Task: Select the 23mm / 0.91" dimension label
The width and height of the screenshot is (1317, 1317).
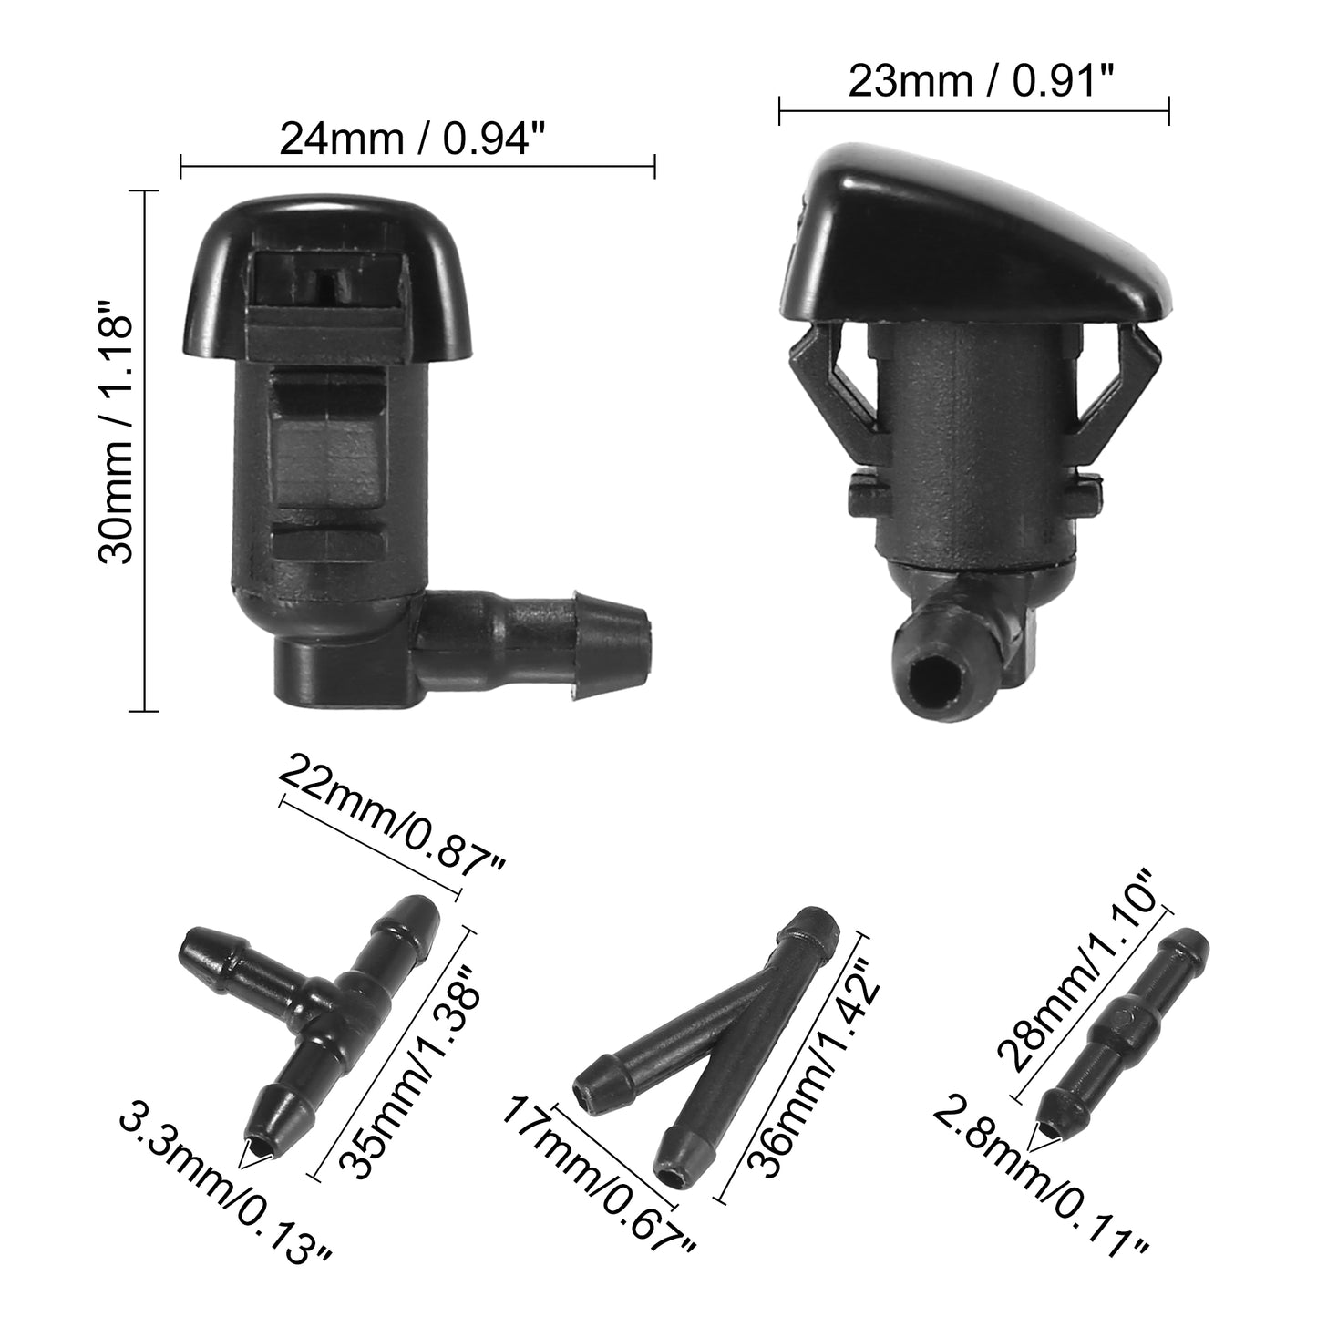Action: [x=982, y=82]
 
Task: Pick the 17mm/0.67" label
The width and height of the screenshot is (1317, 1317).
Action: [x=598, y=1209]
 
